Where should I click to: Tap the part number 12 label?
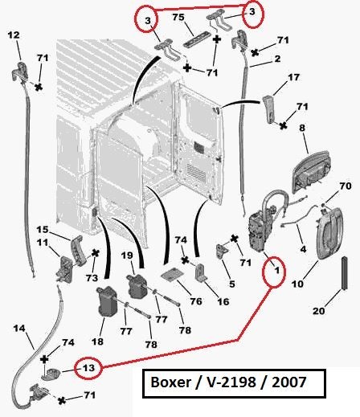pos(14,35)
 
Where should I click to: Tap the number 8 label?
pos(303,127)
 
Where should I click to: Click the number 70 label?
pos(346,186)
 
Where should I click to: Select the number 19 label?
pos(126,256)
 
